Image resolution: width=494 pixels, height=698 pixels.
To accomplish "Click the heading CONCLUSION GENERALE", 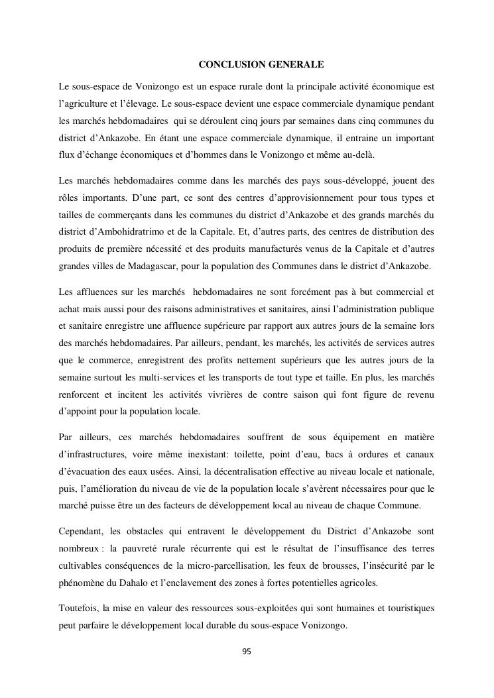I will pos(261,64).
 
